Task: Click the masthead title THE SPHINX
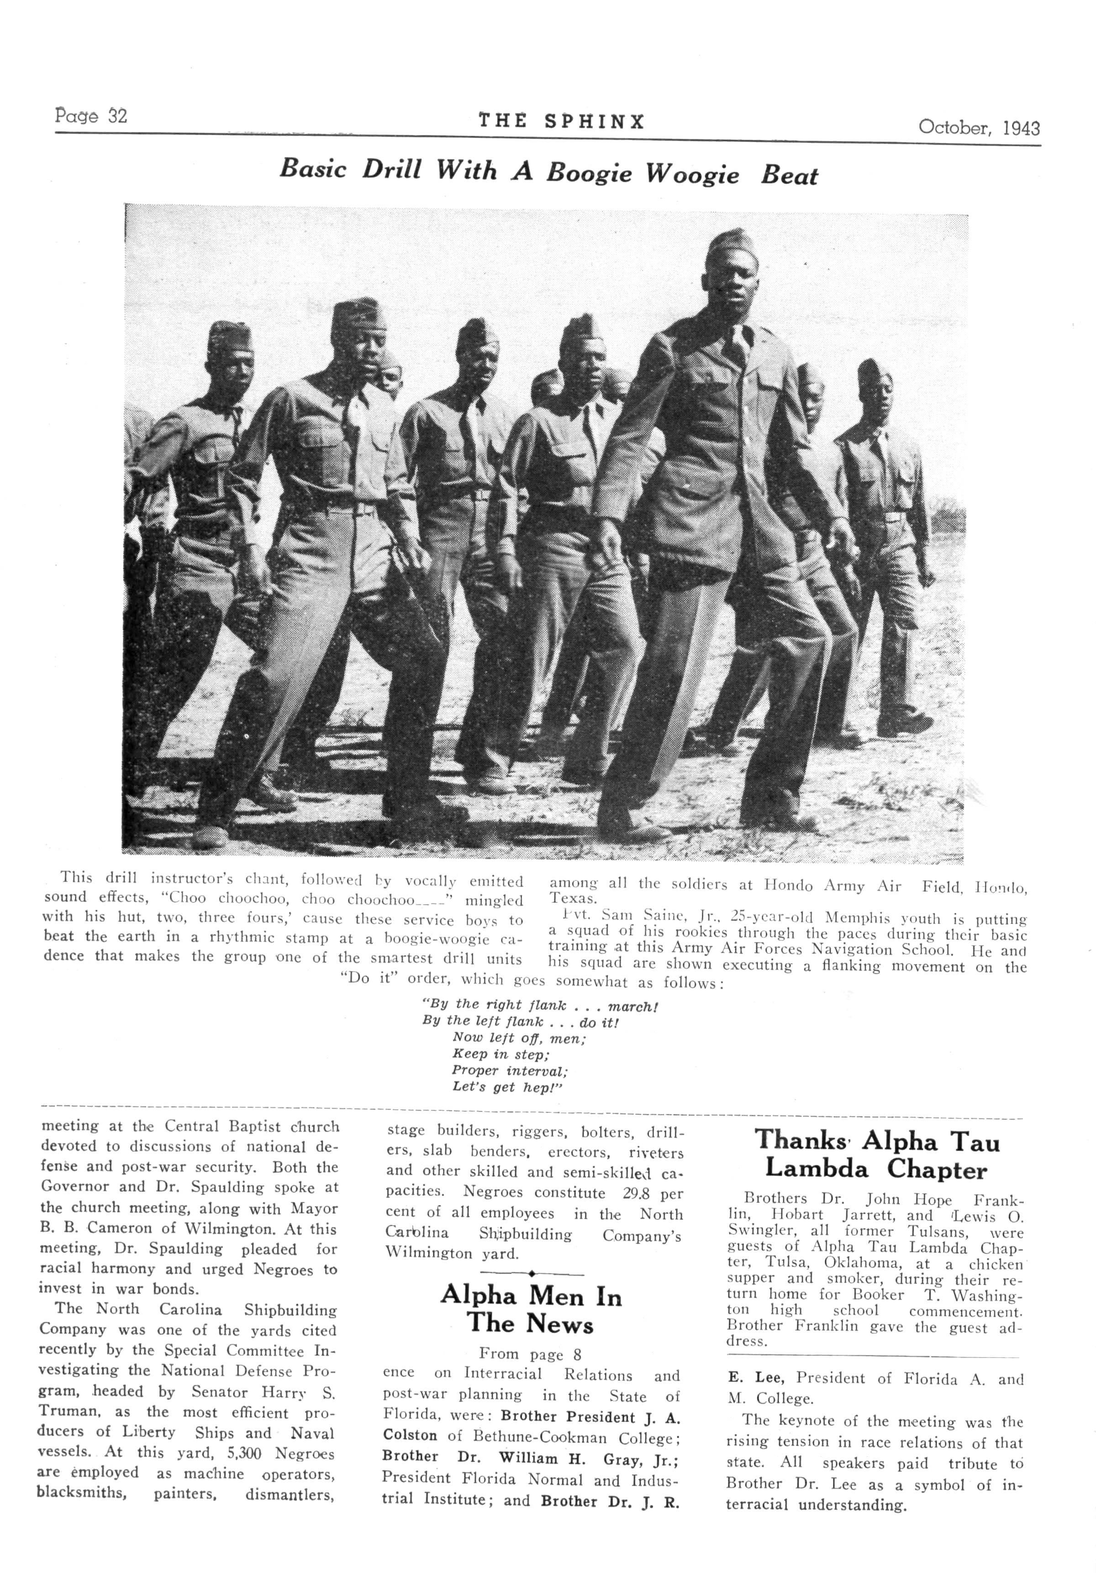click(561, 122)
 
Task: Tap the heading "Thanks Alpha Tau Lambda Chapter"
click(877, 1155)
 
